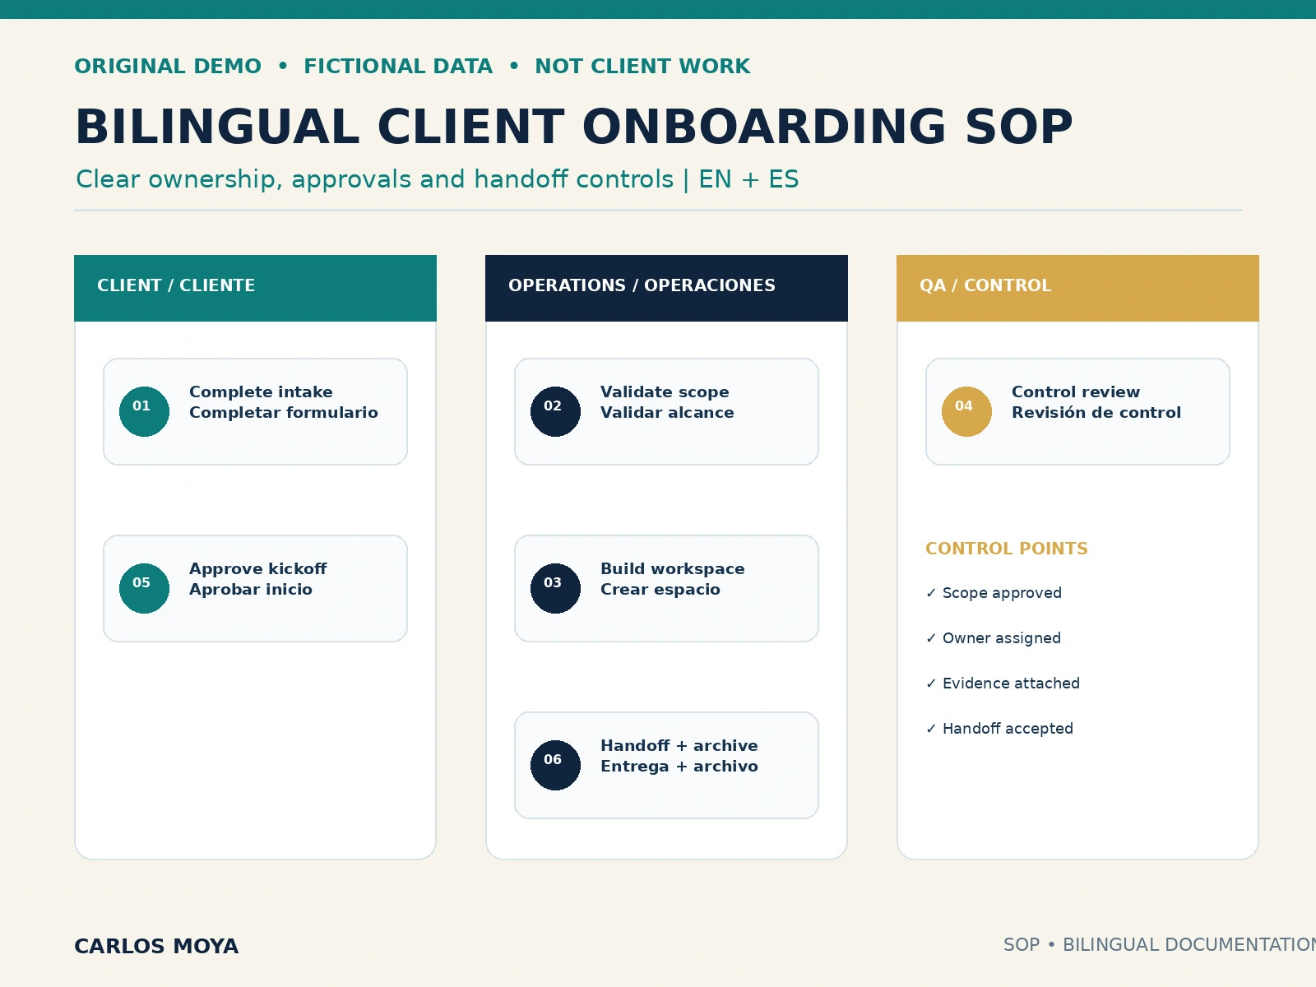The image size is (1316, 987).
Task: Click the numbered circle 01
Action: pyautogui.click(x=144, y=411)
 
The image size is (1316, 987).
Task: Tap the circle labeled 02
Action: pyautogui.click(x=555, y=411)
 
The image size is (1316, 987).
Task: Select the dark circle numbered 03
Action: pyautogui.click(x=555, y=588)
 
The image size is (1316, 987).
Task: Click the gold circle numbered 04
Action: pyautogui.click(x=966, y=411)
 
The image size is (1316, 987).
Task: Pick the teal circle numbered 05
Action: pyautogui.click(x=144, y=588)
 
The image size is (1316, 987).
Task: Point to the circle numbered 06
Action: pyautogui.click(x=555, y=765)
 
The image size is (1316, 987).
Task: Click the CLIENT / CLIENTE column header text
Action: pyautogui.click(x=176, y=285)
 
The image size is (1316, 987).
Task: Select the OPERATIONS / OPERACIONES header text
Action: pyautogui.click(x=642, y=285)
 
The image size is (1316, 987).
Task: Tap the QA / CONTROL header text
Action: pyautogui.click(x=985, y=285)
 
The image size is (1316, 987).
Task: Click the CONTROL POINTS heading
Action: pyautogui.click(x=1006, y=549)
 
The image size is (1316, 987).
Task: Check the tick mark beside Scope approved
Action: pyautogui.click(x=931, y=593)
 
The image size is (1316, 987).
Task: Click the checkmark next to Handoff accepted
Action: pyautogui.click(x=931, y=728)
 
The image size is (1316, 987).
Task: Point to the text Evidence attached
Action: pyautogui.click(x=1011, y=683)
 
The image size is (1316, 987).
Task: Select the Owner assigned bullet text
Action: pyautogui.click(x=1001, y=638)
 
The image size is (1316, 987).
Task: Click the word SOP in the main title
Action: pyautogui.click(x=1018, y=127)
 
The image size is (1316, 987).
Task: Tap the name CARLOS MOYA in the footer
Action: pyautogui.click(x=156, y=946)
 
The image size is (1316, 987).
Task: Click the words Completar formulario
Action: pyautogui.click(x=284, y=412)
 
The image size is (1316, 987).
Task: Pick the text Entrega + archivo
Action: pyautogui.click(x=679, y=766)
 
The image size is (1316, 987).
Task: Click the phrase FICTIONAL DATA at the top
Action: pyautogui.click(x=398, y=66)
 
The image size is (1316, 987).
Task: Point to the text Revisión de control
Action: pyautogui.click(x=1096, y=412)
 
